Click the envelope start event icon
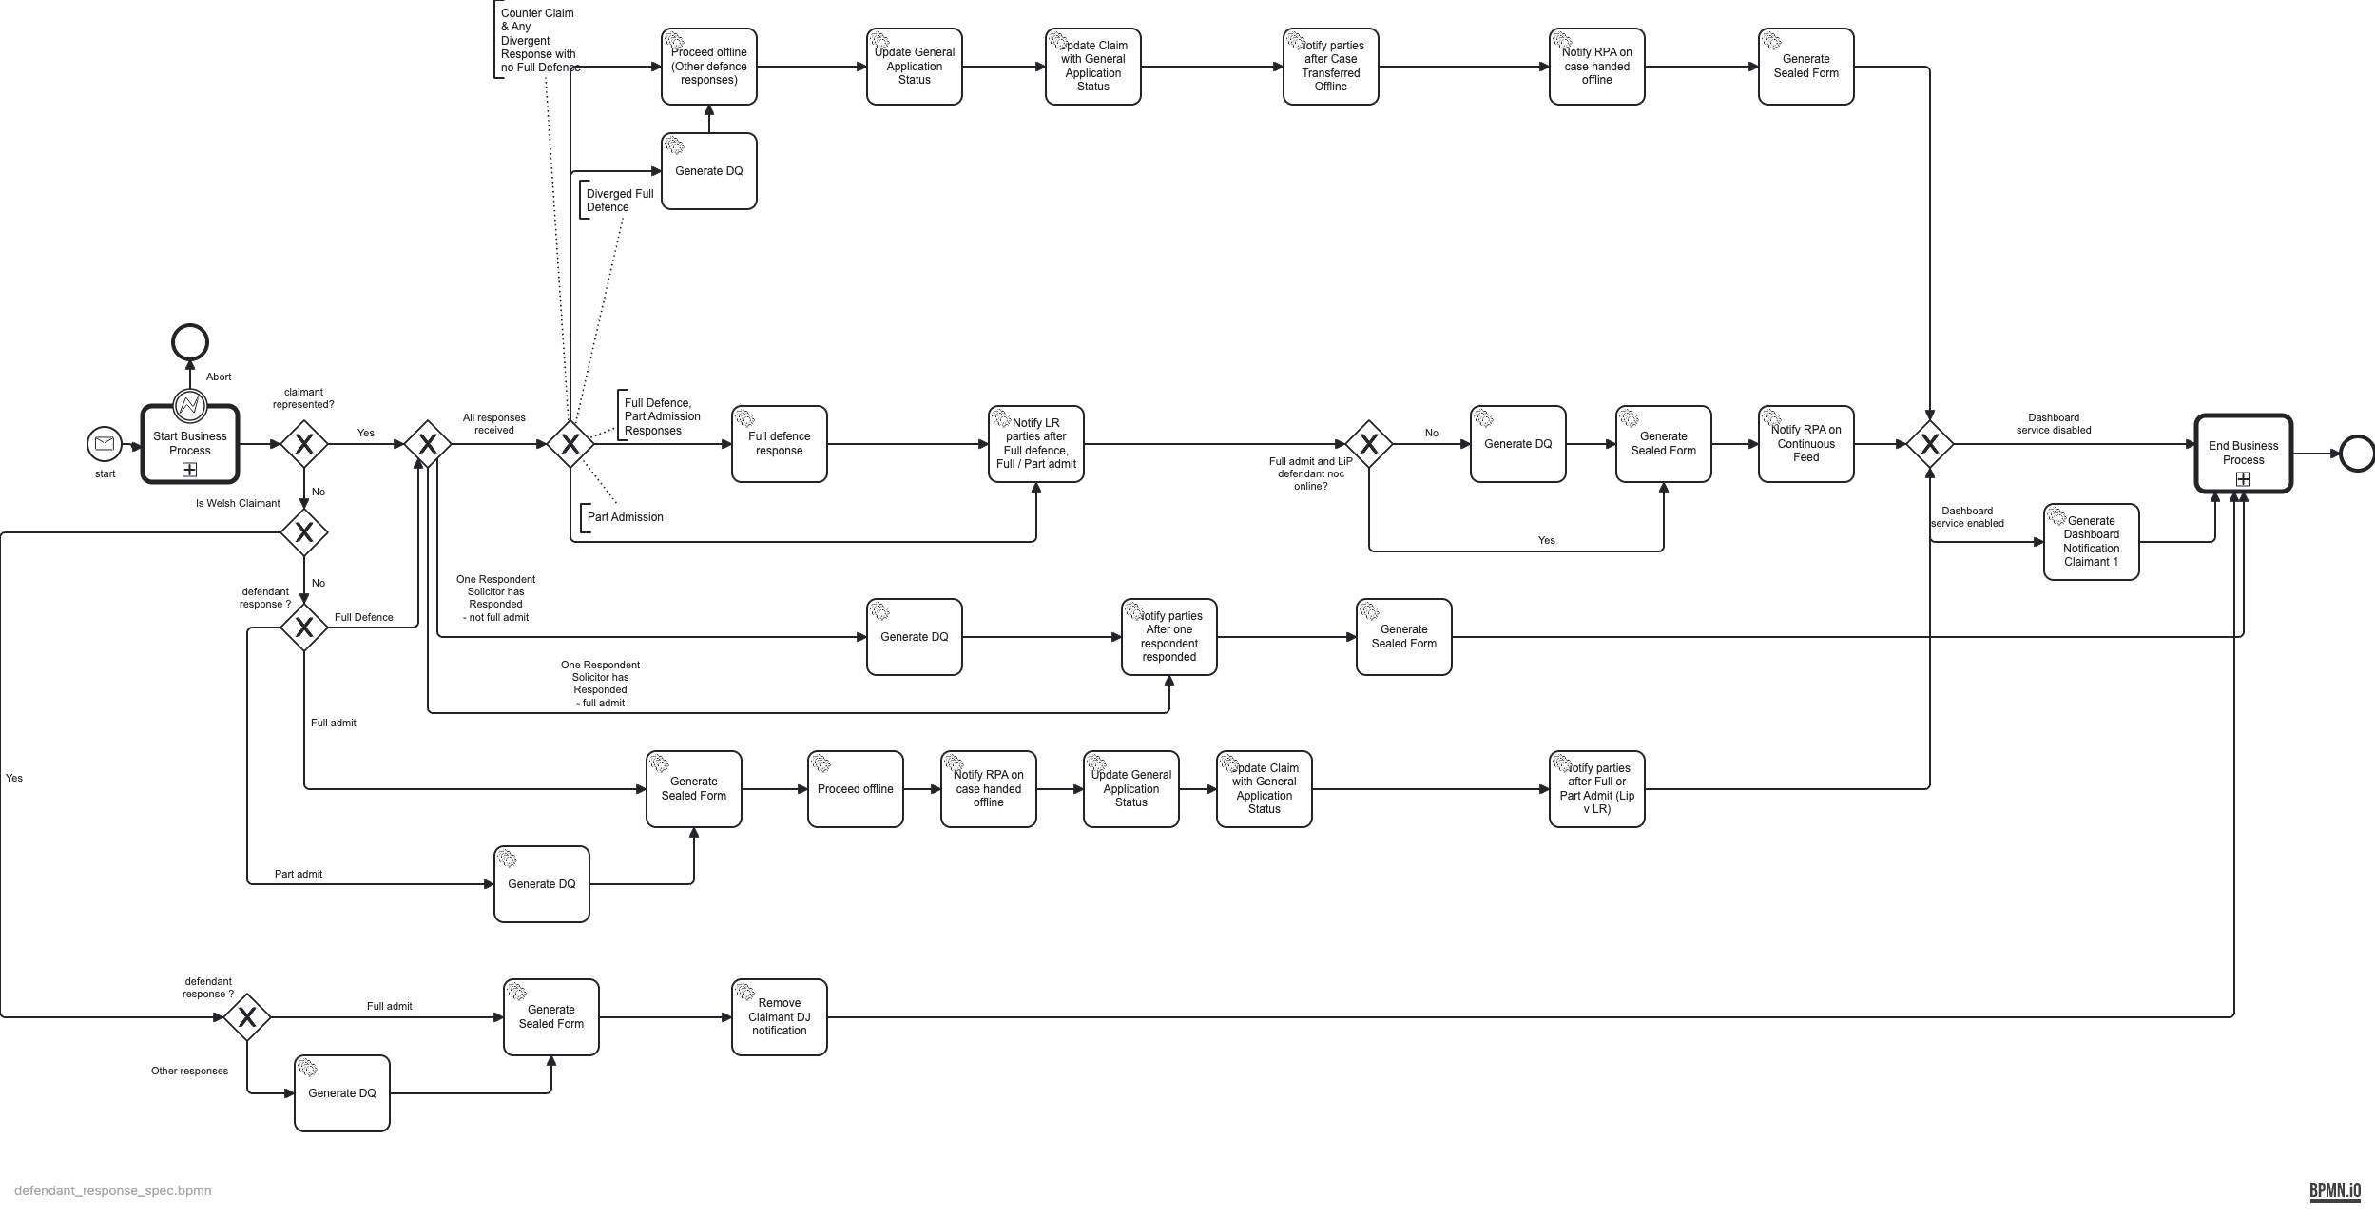pos(105,444)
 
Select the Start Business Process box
pos(190,444)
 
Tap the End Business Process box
pos(2243,454)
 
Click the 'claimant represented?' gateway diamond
pos(304,444)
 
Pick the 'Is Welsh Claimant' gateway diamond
pos(304,532)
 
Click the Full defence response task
pos(780,444)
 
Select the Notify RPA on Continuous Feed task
pos(1805,444)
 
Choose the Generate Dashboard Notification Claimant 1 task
pos(2091,542)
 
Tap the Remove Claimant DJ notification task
pos(780,1017)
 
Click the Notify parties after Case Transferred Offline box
pos(1330,67)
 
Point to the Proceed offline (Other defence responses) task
pos(709,67)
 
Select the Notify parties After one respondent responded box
pos(1168,637)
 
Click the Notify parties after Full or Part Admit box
pos(1596,789)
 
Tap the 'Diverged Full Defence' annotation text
pos(619,201)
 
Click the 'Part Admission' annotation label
pos(625,517)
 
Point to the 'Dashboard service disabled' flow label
pos(2054,424)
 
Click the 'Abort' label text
pos(219,377)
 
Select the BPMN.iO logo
pos(2334,1190)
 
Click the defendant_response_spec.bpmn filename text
pos(113,1190)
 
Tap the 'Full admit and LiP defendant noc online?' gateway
pos(1368,444)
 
